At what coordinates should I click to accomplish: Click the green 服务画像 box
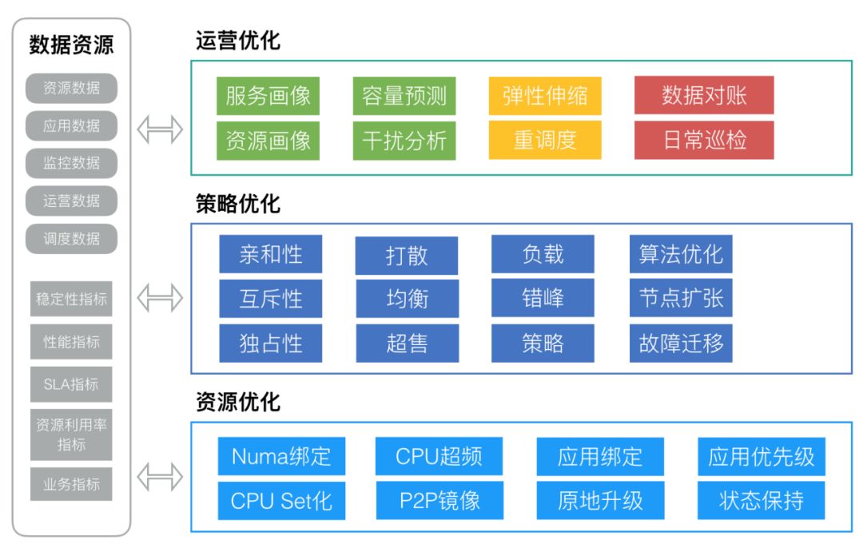(x=268, y=97)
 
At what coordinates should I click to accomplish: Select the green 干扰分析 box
(x=404, y=141)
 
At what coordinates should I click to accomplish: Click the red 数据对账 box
(x=704, y=97)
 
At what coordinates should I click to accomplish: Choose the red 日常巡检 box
(x=704, y=141)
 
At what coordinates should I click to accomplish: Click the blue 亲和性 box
(x=271, y=255)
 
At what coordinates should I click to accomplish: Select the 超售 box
(x=407, y=344)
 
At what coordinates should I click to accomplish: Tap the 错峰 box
(x=543, y=299)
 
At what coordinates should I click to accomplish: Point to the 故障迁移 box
(x=681, y=344)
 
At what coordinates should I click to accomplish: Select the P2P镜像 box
(x=439, y=501)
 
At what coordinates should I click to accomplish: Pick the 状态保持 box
(x=761, y=501)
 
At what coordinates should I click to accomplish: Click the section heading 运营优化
(x=238, y=42)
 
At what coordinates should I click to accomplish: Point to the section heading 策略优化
(x=238, y=205)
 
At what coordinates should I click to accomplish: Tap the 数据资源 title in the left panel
(x=71, y=45)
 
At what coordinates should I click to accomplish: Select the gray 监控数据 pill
(x=71, y=163)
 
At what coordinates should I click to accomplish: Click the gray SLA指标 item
(x=71, y=384)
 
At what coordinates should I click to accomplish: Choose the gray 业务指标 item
(x=71, y=484)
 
